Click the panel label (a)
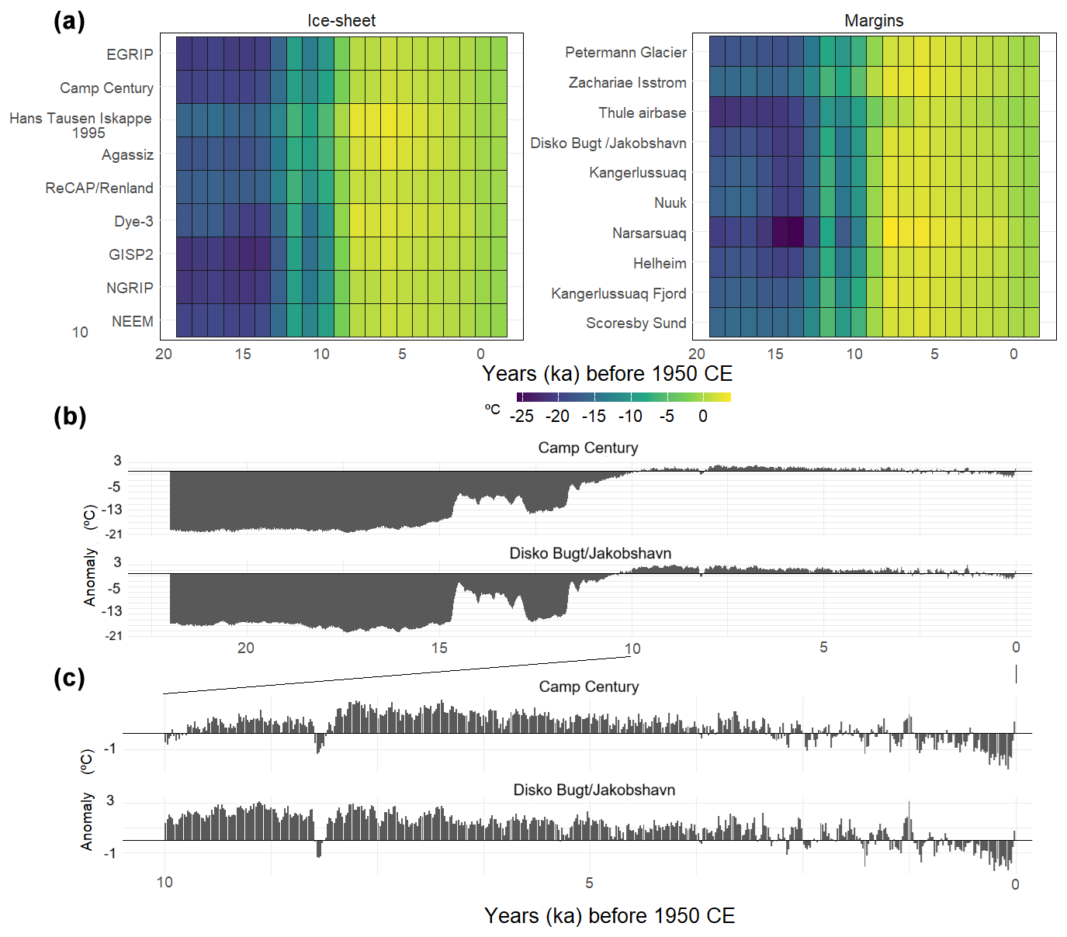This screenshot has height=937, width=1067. (69, 21)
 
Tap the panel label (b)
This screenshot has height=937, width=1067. (69, 417)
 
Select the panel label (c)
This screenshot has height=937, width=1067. (69, 678)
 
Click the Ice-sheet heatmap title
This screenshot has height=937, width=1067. (341, 21)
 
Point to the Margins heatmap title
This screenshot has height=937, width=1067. (874, 21)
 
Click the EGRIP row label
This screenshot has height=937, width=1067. (130, 54)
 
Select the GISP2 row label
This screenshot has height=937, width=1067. (130, 254)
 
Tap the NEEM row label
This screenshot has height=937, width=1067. (132, 321)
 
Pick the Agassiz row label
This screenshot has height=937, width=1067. (127, 154)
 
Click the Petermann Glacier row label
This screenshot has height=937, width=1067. (625, 52)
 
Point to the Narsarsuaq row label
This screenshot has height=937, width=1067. (649, 233)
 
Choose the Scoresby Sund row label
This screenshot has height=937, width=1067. (636, 323)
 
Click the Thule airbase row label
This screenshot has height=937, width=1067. (642, 112)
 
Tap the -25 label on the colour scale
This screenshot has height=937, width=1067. (521, 417)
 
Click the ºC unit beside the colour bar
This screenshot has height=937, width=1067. (493, 409)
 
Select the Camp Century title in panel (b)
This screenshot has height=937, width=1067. (588, 448)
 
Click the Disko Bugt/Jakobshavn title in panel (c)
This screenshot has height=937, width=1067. (594, 790)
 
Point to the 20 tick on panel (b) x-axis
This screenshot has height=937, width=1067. (245, 648)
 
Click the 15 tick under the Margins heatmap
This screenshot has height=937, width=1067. (775, 354)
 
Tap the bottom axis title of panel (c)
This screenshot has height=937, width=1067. (609, 915)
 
